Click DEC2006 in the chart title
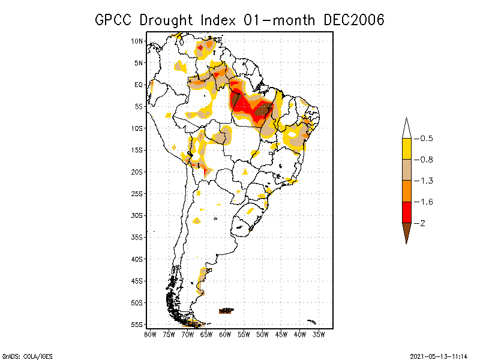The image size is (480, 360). point(353,20)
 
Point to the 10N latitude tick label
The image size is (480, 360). point(137,41)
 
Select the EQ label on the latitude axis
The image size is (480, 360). point(139,85)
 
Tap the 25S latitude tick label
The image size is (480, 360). point(137,193)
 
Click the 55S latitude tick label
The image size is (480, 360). point(137,324)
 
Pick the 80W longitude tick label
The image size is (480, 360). point(150,334)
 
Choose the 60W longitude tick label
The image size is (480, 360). point(225,334)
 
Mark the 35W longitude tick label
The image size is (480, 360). point(319,334)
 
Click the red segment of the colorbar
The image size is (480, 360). point(407,212)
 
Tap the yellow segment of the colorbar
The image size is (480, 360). point(407,149)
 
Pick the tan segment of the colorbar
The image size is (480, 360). point(407,170)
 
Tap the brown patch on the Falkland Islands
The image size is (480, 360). point(226,311)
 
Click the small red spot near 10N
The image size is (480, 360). point(200,47)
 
